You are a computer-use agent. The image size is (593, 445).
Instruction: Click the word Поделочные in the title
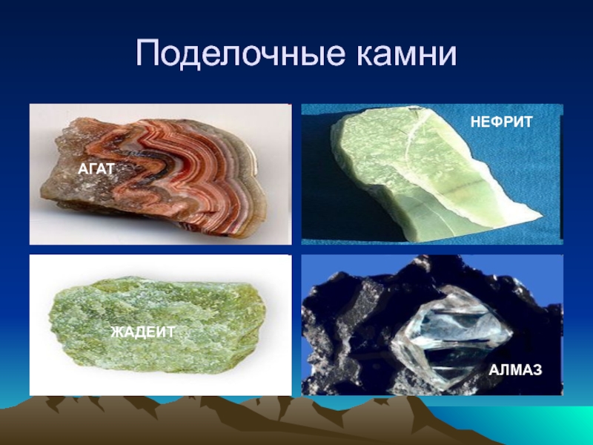click(240, 53)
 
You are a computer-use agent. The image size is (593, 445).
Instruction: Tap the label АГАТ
click(96, 169)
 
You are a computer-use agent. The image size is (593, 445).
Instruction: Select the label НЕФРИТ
click(502, 122)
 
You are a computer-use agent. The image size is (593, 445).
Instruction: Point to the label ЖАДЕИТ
click(143, 332)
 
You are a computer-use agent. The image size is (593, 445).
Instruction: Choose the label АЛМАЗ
click(515, 369)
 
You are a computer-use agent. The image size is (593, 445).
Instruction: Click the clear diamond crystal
click(450, 333)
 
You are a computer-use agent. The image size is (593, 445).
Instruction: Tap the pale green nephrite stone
click(428, 171)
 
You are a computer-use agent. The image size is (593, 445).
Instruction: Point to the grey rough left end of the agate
click(64, 178)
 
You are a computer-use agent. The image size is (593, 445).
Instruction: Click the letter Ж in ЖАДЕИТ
click(117, 332)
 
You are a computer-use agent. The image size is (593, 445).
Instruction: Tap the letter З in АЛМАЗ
click(537, 369)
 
